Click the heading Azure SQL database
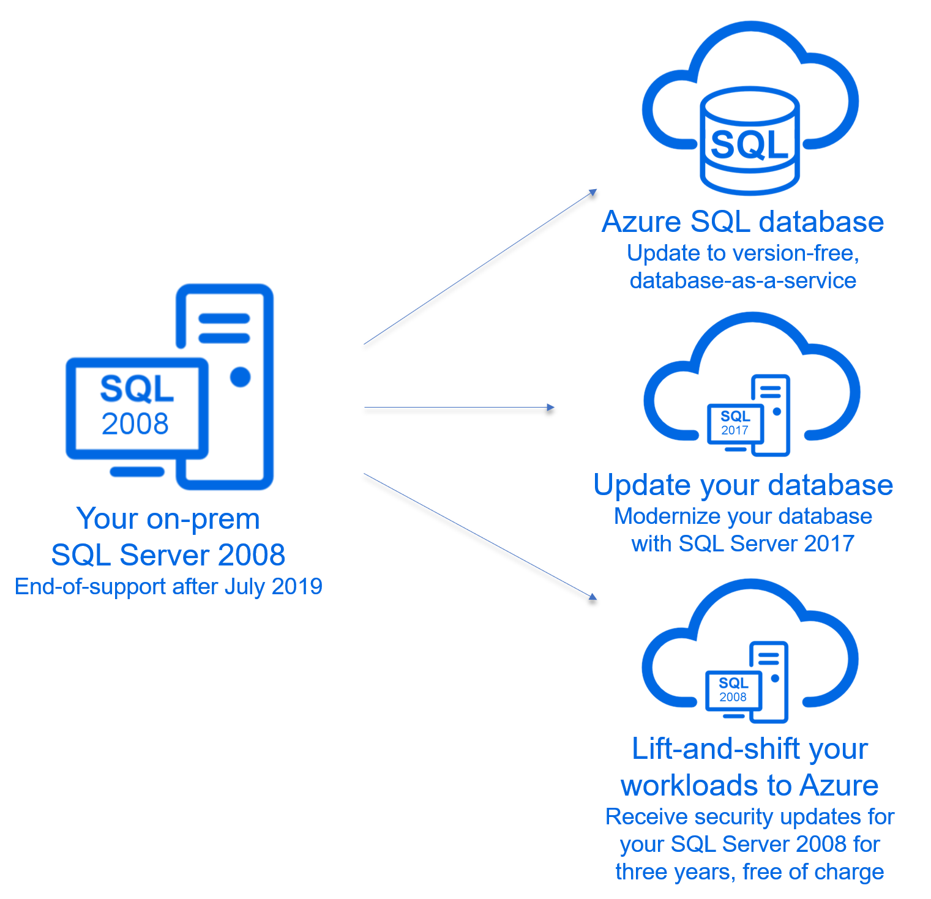[742, 222]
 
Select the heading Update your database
[743, 485]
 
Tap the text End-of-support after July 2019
[168, 586]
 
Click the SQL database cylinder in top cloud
[749, 141]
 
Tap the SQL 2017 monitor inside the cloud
[735, 423]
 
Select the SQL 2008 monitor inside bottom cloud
[733, 690]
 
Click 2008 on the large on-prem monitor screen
[135, 423]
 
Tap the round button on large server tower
[240, 377]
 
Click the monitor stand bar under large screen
[137, 471]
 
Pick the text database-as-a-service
[742, 280]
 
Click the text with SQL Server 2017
[742, 543]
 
